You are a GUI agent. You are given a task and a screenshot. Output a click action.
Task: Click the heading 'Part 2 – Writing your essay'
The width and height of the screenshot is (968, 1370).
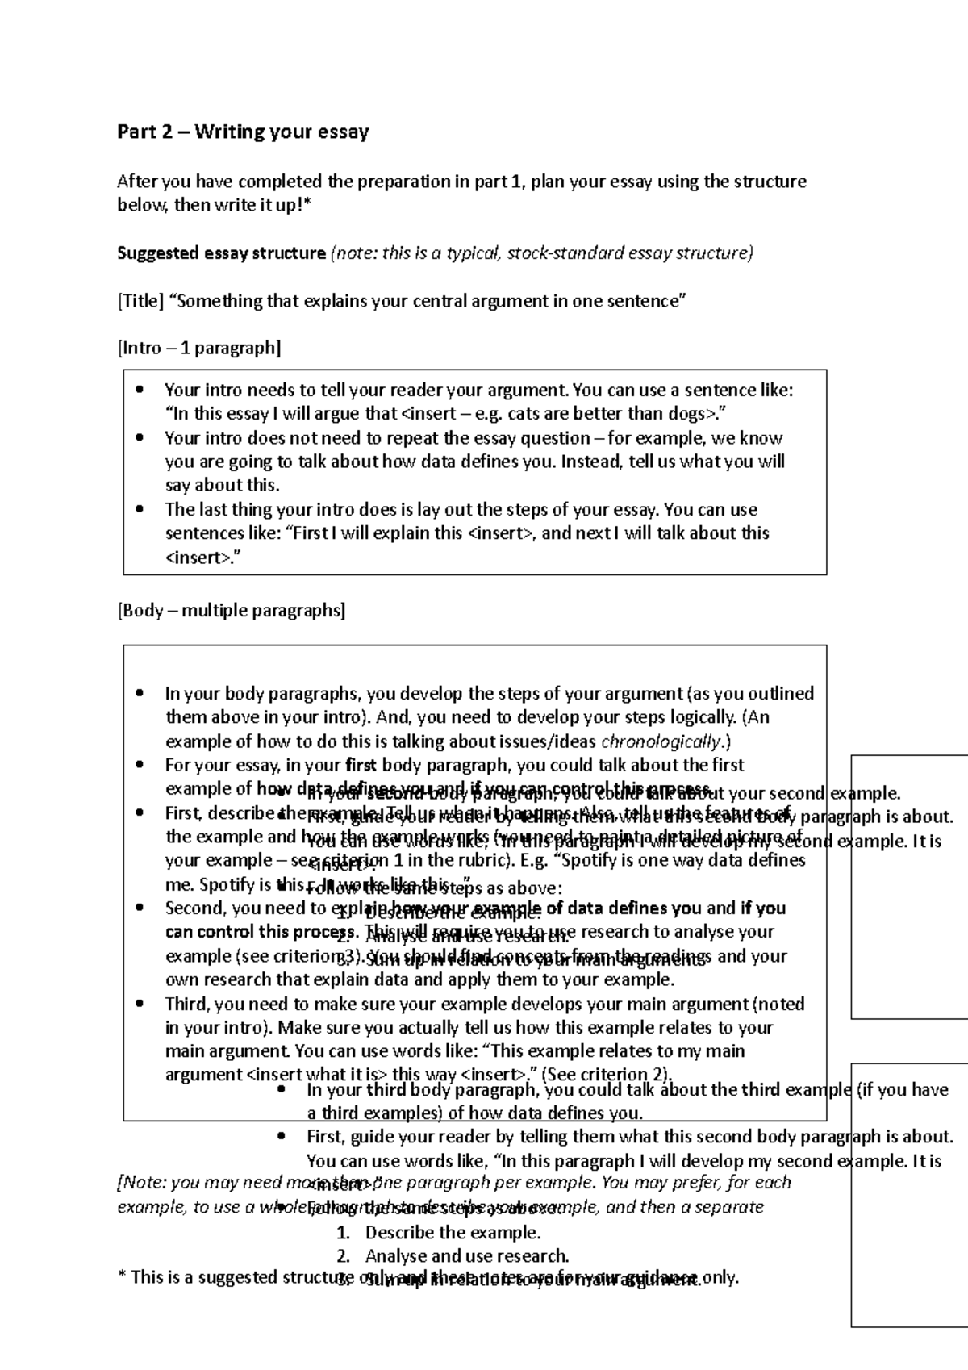pos(243,132)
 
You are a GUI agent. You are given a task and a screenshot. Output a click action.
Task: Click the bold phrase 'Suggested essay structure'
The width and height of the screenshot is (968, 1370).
pos(221,253)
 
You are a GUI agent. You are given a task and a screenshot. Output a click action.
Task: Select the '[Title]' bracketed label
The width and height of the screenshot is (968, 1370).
pos(140,302)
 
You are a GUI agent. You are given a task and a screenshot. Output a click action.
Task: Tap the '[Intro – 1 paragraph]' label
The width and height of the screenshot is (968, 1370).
pos(199,349)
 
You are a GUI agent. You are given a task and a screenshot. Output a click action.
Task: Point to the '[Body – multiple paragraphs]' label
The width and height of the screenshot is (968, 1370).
pos(232,611)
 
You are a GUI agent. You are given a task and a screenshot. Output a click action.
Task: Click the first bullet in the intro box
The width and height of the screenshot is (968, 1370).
pos(140,391)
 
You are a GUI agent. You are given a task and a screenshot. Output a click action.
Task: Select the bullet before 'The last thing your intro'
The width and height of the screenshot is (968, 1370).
pos(140,510)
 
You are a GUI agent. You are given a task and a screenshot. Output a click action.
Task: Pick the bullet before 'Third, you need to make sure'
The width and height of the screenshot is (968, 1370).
pos(140,1005)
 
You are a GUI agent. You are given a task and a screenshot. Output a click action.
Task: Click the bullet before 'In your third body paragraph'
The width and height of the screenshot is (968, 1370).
pos(282,1090)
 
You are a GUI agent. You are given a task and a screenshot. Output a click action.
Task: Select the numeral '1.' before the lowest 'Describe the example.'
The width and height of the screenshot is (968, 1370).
pos(344,1233)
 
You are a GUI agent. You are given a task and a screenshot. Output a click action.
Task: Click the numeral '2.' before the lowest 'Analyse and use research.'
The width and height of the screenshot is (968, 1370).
pos(344,1256)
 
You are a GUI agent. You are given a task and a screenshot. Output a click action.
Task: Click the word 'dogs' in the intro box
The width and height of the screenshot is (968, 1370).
pos(691,414)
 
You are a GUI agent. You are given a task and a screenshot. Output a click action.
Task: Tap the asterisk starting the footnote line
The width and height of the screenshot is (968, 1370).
pos(121,1276)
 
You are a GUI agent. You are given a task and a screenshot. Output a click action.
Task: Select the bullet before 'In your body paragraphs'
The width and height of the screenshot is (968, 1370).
pos(140,694)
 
